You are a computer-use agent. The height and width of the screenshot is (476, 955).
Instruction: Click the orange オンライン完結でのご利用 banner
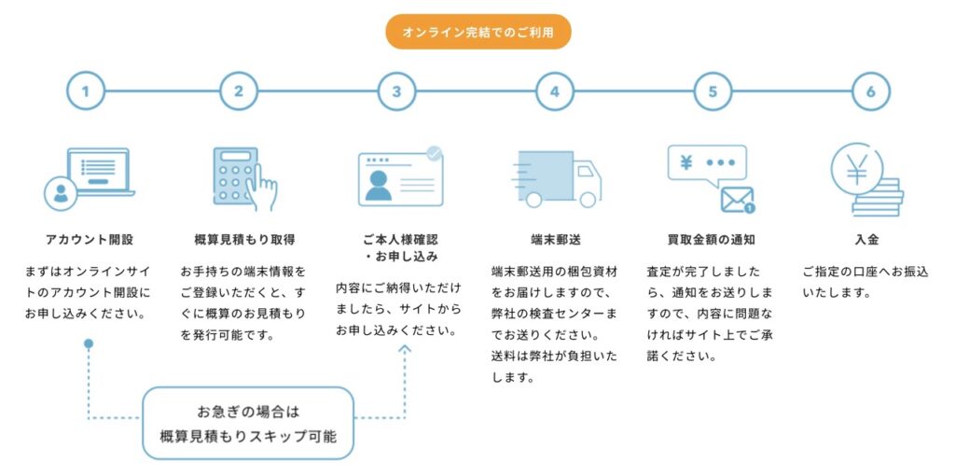477,32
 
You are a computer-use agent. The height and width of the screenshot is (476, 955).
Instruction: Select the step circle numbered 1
85,91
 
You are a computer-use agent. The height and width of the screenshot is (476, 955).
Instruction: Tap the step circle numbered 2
239,91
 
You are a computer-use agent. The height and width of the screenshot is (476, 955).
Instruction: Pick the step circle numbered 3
396,91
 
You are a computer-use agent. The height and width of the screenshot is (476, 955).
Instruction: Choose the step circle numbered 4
555,91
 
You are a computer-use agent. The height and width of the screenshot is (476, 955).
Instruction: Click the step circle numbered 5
713,91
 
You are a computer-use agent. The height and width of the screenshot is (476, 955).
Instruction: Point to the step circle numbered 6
871,91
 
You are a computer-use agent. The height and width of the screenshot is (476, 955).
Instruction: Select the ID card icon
400,177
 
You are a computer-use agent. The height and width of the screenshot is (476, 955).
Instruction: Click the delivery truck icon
558,178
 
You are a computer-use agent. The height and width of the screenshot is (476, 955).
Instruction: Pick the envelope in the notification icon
737,199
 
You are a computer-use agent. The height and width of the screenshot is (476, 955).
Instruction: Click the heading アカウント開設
89,239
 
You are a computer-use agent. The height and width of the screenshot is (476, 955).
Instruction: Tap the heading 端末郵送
555,239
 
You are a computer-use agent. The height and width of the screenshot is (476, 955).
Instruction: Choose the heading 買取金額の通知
712,239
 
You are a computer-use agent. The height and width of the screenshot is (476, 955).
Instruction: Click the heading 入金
866,239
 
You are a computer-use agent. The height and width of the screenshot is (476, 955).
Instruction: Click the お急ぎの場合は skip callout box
248,423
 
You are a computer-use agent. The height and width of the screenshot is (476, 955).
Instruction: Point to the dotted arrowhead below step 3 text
405,349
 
